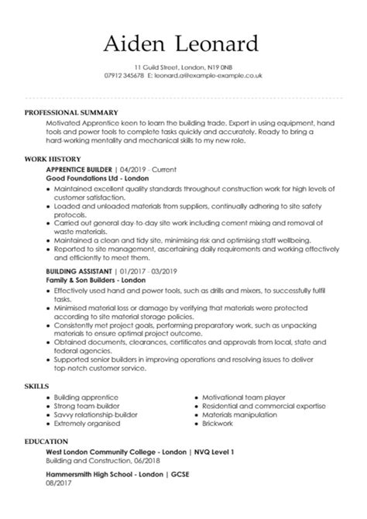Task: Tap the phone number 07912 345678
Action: [122, 76]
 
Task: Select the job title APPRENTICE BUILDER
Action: [80, 168]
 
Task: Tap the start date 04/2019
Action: [132, 168]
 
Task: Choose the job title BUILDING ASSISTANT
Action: [80, 271]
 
